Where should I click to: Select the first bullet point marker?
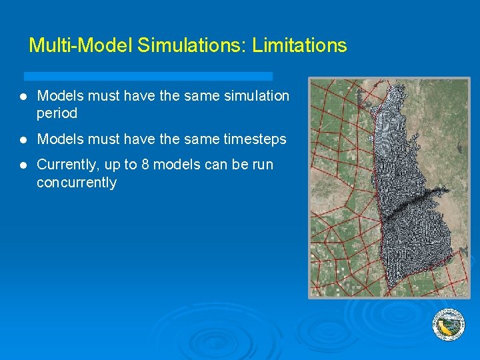coord(23,97)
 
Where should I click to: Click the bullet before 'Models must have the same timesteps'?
coord(23,140)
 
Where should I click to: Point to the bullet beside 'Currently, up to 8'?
coord(23,165)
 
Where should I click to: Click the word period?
coord(57,113)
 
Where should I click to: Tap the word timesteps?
coord(254,139)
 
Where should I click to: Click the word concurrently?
coord(77,182)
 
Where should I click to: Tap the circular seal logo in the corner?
coord(449,325)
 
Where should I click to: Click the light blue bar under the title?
coord(148,76)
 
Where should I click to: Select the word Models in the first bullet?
coord(60,96)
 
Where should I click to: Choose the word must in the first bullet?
coord(103,96)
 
